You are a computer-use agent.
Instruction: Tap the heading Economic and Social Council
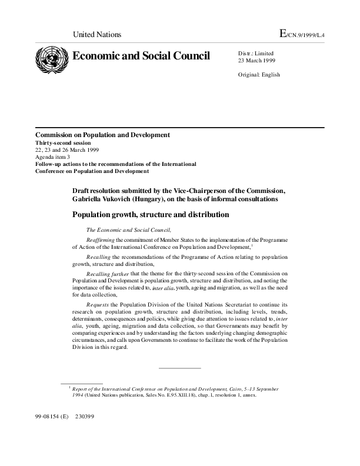pos(141,56)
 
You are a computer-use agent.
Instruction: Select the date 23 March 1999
pos(256,61)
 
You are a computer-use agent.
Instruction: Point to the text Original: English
pos(259,75)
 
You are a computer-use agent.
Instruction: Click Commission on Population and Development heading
pos(102,135)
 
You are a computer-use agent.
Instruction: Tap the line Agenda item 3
pos(52,157)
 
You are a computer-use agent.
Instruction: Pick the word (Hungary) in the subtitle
pos(150,199)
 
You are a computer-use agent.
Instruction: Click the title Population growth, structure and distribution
pos(150,215)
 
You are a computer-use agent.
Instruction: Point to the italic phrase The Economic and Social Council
pos(129,230)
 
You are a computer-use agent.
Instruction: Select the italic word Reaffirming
pos(100,240)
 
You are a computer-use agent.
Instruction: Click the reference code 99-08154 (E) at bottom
pos(52,417)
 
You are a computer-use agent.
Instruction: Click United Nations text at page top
pos(96,35)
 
